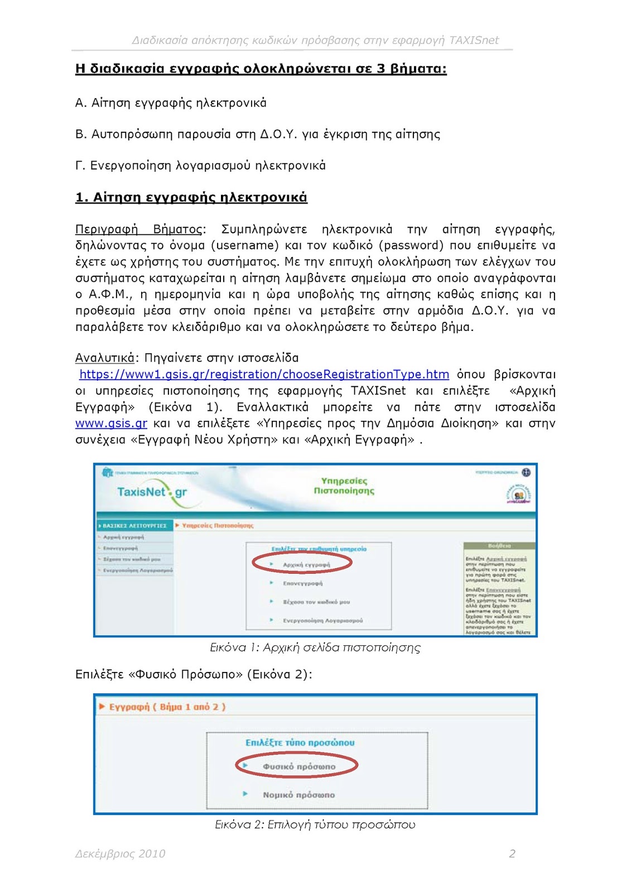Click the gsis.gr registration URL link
[x=264, y=375]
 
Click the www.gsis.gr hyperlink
[x=111, y=424]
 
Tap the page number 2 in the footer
[x=512, y=853]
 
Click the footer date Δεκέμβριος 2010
[x=120, y=853]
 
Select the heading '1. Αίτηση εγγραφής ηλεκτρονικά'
[x=191, y=198]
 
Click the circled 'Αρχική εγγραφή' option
[x=306, y=565]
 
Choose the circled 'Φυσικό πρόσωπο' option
[x=299, y=767]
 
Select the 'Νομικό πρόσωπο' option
[x=298, y=795]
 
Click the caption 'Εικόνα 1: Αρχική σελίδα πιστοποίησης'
[x=315, y=647]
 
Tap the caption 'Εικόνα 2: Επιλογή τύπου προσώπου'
[x=315, y=824]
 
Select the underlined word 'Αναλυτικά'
[x=104, y=358]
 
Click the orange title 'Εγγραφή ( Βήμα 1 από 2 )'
[x=167, y=707]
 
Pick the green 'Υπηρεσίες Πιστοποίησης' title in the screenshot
[x=344, y=486]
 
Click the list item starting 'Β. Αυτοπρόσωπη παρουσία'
[x=257, y=135]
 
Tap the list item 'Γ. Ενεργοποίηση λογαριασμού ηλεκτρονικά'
[x=200, y=166]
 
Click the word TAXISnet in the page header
[x=474, y=40]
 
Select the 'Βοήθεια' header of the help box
[x=499, y=546]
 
